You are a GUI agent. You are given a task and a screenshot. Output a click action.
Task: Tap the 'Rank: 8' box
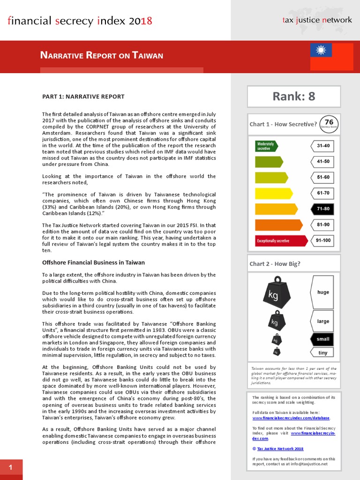point(294,97)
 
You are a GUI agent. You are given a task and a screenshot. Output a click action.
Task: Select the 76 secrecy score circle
point(329,124)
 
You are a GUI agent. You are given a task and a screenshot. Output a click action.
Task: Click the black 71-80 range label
point(323,209)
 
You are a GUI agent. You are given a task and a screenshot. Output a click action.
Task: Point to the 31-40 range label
point(323,146)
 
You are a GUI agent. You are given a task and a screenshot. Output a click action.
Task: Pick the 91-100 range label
point(323,240)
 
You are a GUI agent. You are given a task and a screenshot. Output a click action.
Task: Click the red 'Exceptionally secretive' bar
point(280,241)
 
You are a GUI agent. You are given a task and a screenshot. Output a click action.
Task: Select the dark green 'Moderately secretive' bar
point(266,146)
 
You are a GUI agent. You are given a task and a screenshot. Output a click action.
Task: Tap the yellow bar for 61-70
point(273,193)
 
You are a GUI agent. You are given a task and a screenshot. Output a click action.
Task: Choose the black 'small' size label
point(322,339)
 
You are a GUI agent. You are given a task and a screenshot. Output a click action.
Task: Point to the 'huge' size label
point(322,292)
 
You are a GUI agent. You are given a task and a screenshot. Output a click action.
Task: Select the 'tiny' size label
point(322,352)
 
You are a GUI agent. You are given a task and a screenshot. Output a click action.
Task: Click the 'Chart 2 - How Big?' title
point(275,263)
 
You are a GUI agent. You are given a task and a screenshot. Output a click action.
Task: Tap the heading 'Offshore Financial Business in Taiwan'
point(93,262)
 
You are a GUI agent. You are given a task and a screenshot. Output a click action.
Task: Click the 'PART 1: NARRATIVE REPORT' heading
point(83,97)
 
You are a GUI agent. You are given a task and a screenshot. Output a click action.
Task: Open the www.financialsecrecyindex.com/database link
point(291,418)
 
